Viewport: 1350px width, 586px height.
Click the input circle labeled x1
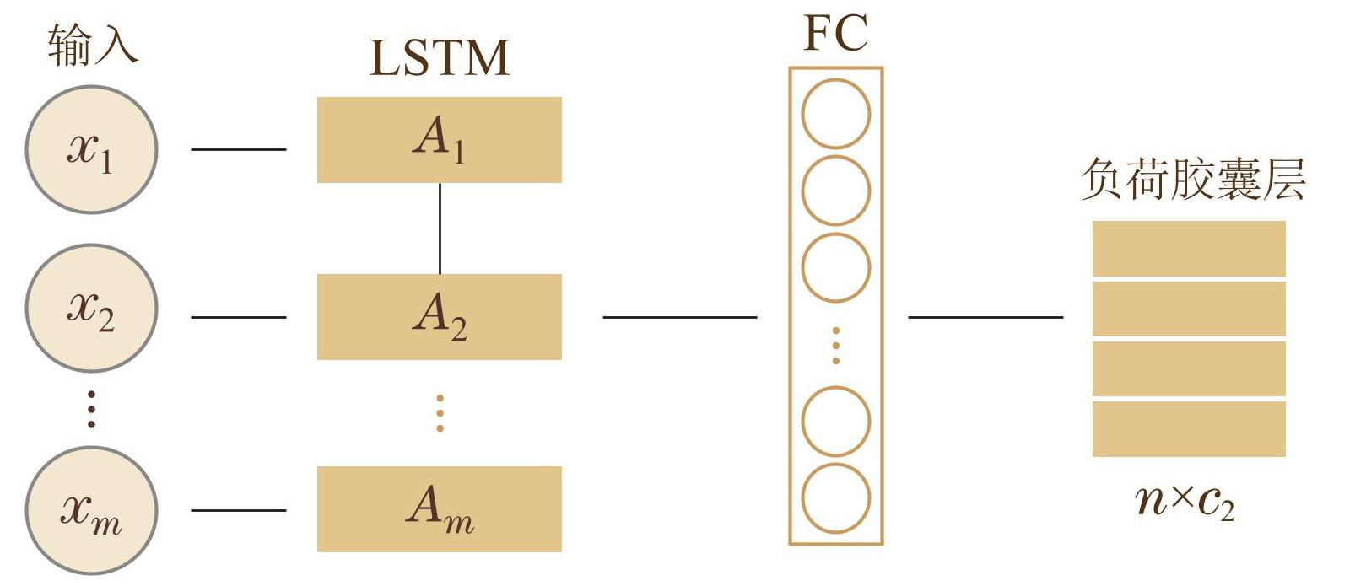click(x=91, y=149)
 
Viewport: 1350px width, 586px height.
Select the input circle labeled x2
click(x=91, y=308)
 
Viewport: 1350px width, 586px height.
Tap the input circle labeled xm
click(x=91, y=510)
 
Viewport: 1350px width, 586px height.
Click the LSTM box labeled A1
click(x=439, y=140)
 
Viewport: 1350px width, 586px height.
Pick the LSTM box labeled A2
click(x=439, y=317)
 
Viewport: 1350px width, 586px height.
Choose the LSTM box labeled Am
click(x=439, y=509)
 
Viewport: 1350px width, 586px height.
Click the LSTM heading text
click(x=440, y=58)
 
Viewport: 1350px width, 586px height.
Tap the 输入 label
click(x=92, y=44)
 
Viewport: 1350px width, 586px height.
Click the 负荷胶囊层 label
click(x=1193, y=179)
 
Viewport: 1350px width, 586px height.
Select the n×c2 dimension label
click(x=1185, y=501)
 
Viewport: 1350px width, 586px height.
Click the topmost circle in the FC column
click(x=835, y=114)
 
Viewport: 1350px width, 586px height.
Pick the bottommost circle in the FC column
click(x=835, y=498)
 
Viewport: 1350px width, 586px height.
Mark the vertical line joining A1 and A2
click(x=440, y=228)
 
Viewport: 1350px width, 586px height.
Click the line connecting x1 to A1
click(x=238, y=149)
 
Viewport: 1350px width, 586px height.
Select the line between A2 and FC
click(x=679, y=317)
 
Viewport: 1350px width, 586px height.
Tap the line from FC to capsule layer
click(x=985, y=317)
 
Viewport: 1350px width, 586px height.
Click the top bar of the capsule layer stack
click(x=1188, y=249)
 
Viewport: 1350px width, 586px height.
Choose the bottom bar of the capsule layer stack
click(x=1188, y=428)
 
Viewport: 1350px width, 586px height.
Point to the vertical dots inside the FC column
click(x=835, y=346)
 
